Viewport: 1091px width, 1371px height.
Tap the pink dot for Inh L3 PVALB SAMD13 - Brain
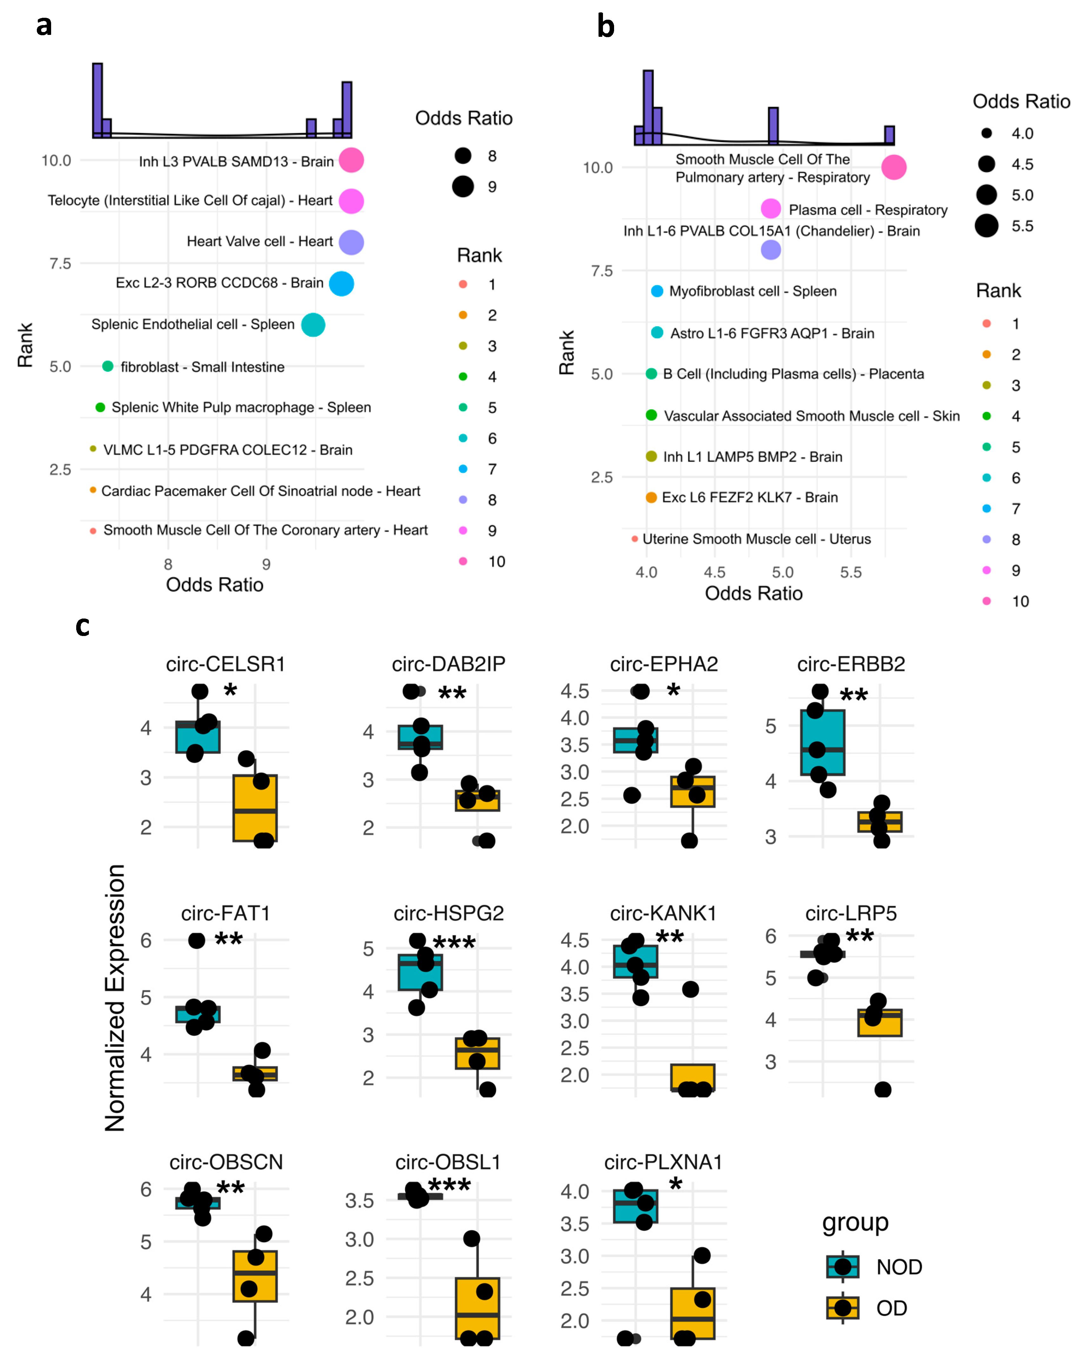tap(351, 160)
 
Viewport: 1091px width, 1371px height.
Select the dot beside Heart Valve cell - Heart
tap(351, 242)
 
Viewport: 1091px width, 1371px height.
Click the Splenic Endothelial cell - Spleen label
tap(193, 324)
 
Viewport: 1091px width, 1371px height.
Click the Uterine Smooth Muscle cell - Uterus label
tap(756, 539)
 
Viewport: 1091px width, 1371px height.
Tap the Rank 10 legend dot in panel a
tap(463, 561)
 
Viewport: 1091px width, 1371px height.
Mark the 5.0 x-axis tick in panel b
tap(782, 572)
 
